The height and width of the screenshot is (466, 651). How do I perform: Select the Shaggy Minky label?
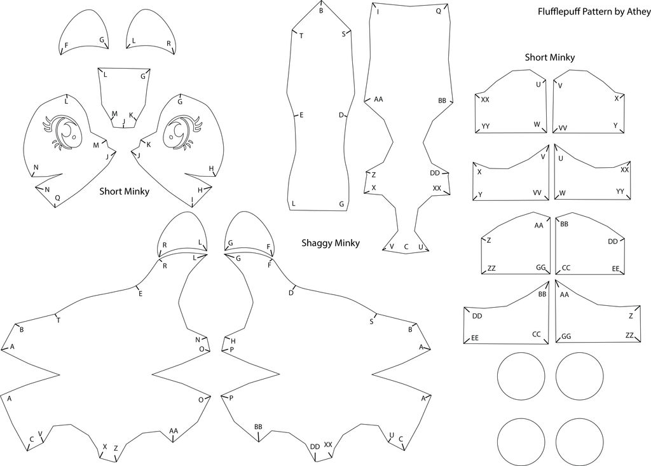click(x=331, y=243)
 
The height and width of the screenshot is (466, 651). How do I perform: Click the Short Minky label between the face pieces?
click(x=124, y=191)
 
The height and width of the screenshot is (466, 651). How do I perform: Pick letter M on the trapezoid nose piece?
click(x=114, y=114)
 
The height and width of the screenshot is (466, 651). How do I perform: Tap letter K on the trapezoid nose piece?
click(x=131, y=115)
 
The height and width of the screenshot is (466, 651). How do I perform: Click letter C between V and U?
click(x=406, y=247)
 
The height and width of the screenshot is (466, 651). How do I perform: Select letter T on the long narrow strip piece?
click(x=301, y=36)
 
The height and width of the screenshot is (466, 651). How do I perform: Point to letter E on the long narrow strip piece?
click(x=301, y=114)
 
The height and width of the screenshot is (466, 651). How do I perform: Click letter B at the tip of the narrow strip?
click(x=321, y=11)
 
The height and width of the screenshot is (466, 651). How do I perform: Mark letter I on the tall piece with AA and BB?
click(x=378, y=12)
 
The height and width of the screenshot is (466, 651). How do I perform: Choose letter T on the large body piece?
click(x=58, y=320)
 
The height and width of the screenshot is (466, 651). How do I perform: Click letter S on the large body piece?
click(x=371, y=322)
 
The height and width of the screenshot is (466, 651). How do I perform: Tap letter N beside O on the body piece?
click(x=198, y=339)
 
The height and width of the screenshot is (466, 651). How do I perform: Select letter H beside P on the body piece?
click(x=233, y=341)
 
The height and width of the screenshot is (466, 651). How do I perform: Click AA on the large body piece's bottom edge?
click(x=174, y=430)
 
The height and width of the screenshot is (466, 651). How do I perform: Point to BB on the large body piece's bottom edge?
click(x=258, y=427)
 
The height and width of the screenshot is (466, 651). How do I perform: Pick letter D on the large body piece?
click(x=291, y=292)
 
